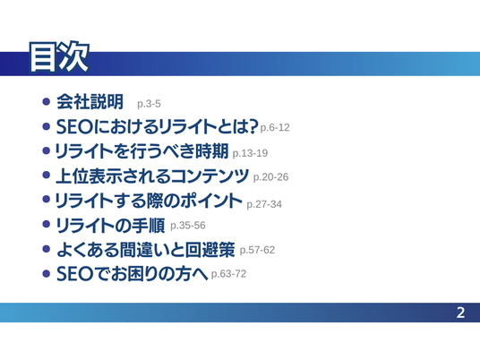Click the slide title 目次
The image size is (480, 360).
point(59,57)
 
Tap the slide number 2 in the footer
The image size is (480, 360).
point(460,313)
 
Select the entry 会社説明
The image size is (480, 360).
point(90,101)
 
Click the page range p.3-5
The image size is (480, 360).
point(149,104)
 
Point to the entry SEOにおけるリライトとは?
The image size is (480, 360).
point(157,126)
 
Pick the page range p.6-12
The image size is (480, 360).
point(275,127)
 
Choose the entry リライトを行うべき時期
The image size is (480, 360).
point(141,151)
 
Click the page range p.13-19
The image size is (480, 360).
point(250,153)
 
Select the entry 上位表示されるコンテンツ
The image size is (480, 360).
point(152,176)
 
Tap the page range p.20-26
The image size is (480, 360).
point(270,177)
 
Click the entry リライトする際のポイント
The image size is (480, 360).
point(149,201)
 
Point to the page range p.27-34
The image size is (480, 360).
point(264,204)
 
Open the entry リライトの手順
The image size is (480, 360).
point(110,226)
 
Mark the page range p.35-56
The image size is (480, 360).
point(188,226)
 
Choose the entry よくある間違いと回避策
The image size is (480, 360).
point(146,250)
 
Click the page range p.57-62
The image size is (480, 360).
point(257,250)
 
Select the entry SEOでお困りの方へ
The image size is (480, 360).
point(133,273)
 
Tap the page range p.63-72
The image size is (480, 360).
point(228,274)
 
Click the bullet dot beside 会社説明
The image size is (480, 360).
point(47,101)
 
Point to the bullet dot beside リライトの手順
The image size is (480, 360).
point(47,224)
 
